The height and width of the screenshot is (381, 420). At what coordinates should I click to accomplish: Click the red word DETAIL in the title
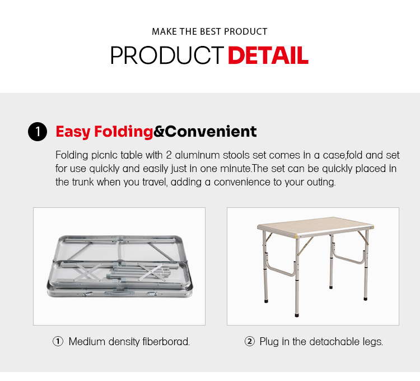click(268, 55)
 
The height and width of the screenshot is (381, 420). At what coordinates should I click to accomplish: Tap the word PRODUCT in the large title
click(167, 55)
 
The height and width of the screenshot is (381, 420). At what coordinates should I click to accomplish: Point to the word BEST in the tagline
click(211, 31)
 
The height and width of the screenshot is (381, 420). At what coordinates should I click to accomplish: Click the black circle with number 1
click(38, 132)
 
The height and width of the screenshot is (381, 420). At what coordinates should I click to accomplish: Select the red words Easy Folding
click(104, 132)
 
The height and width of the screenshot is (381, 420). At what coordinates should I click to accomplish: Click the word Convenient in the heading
click(211, 131)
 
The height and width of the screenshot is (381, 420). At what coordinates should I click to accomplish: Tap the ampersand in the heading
click(159, 132)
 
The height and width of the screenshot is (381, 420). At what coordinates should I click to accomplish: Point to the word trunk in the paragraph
click(83, 182)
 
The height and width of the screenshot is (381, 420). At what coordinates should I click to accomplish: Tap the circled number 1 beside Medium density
click(58, 342)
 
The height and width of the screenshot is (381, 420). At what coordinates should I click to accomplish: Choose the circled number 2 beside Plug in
click(250, 342)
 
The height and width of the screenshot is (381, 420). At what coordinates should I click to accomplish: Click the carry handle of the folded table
click(116, 293)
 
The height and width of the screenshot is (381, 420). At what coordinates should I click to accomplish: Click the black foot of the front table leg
click(296, 315)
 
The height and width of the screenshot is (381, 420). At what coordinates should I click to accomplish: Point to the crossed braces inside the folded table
click(85, 272)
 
